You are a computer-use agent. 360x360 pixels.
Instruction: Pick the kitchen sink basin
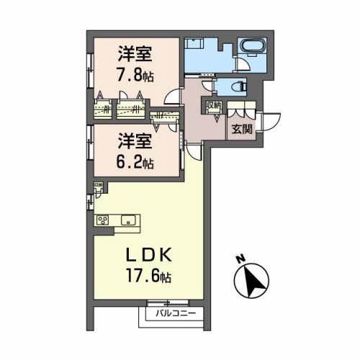pos(130,220)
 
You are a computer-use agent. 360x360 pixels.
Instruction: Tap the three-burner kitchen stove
pos(103,220)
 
